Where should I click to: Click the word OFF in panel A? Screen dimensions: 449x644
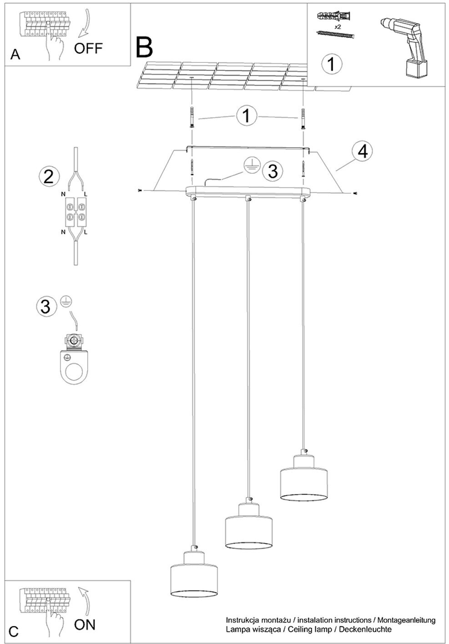[88, 48]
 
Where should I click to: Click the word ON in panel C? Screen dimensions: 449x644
[85, 624]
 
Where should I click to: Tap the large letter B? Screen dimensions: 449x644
[144, 46]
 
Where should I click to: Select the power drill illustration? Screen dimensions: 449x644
[403, 48]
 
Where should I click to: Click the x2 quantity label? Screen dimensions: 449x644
[338, 27]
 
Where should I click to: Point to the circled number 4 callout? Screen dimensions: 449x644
[363, 151]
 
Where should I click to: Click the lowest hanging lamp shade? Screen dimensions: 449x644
[194, 572]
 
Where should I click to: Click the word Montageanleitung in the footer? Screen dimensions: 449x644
[406, 620]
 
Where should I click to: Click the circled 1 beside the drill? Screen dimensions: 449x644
[332, 65]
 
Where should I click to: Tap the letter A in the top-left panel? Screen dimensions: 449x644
[15, 55]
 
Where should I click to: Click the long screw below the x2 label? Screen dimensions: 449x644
[335, 35]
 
